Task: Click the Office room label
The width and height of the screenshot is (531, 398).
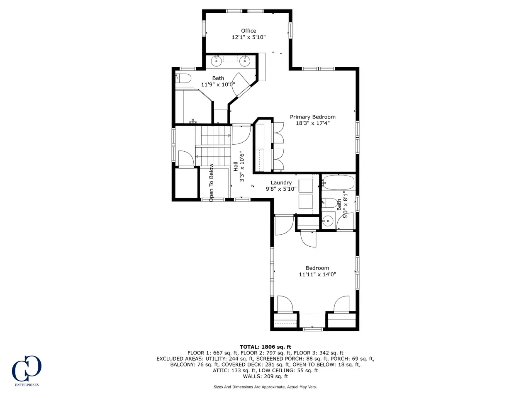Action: [248, 31]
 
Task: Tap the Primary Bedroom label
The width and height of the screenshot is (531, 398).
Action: [312, 117]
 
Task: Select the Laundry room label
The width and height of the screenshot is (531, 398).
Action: [281, 183]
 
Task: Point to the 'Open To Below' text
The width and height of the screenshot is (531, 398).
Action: [211, 183]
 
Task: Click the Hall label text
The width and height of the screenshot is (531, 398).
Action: [235, 167]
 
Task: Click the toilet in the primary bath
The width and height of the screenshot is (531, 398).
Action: [183, 78]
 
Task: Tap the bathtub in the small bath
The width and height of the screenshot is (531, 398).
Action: [338, 183]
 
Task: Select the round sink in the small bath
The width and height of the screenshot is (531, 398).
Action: [328, 221]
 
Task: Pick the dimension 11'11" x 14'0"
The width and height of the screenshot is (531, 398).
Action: [317, 274]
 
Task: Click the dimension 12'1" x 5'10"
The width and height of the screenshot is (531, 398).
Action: [248, 37]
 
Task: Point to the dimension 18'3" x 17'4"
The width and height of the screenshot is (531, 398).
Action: [312, 123]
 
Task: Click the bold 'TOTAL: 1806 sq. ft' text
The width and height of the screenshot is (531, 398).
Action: [265, 347]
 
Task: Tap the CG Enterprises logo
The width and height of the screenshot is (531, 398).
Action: [27, 370]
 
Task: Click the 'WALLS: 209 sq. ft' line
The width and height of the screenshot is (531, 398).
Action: [265, 376]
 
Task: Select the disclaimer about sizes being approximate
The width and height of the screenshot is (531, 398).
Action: [265, 387]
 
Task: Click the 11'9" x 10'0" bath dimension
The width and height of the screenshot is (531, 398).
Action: [218, 85]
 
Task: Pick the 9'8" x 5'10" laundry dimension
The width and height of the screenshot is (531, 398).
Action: [281, 189]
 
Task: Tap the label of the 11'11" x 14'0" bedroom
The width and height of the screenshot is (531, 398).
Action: [317, 268]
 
